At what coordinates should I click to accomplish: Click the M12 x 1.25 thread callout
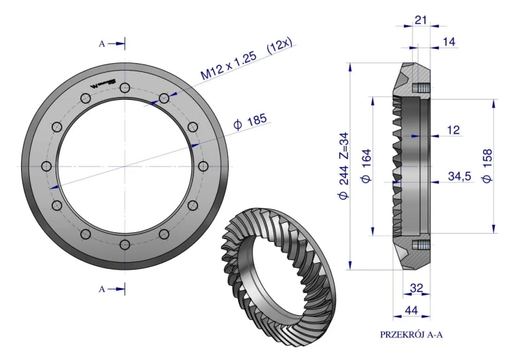point(230,67)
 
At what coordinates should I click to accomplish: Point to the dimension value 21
point(421,20)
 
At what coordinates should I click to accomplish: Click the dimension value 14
point(449,42)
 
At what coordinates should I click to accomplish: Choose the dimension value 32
point(417,289)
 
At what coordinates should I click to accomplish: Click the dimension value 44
point(412,310)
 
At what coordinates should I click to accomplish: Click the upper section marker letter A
point(102,43)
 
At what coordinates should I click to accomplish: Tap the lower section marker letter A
point(102,289)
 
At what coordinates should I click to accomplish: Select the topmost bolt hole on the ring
point(124,88)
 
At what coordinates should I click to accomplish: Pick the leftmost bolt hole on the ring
point(46,166)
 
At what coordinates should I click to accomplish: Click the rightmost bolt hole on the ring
point(203,166)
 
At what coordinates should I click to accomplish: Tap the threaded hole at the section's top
point(421,88)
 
